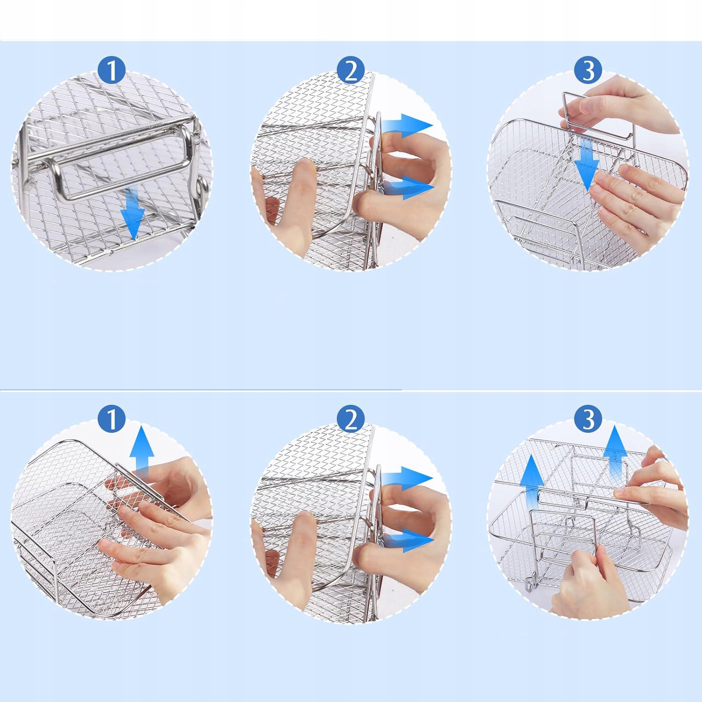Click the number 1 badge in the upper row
click(111, 70)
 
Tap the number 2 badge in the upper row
click(351, 70)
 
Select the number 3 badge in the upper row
click(588, 70)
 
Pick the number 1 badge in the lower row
click(111, 419)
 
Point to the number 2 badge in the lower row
click(351, 419)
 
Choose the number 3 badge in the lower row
click(588, 419)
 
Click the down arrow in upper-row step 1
click(132, 213)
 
